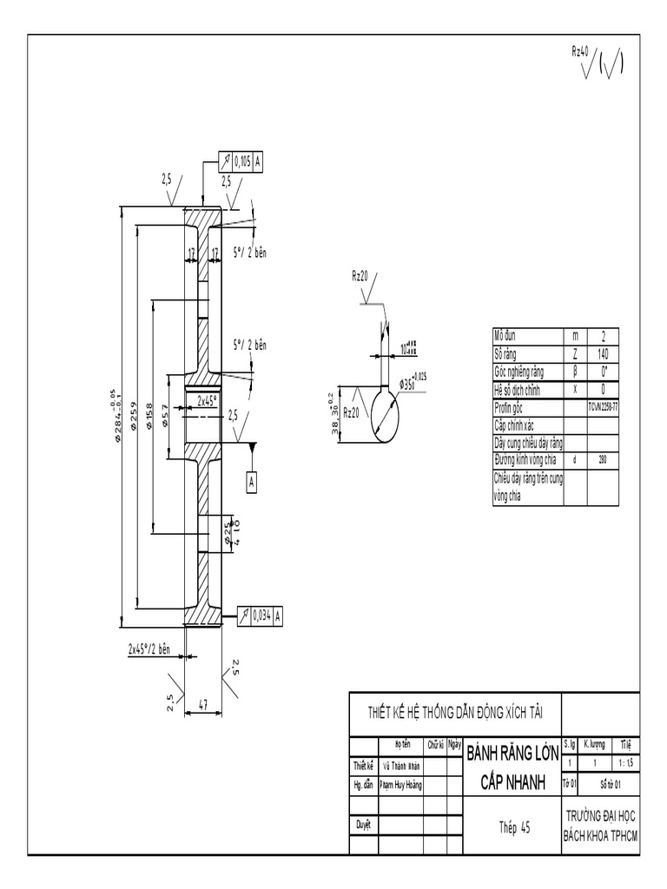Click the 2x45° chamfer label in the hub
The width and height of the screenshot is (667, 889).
pos(207,400)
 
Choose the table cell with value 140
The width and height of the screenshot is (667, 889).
pos(603,353)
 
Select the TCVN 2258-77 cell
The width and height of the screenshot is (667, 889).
pos(603,405)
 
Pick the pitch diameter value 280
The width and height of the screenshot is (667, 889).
pos(603,458)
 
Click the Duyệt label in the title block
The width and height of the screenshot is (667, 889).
pos(363,824)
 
